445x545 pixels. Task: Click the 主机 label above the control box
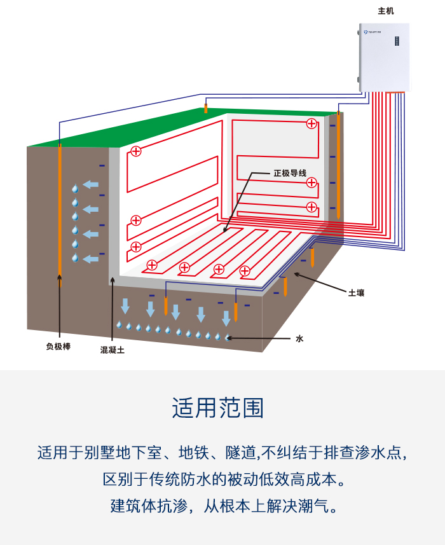point(386,11)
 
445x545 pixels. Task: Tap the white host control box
point(385,57)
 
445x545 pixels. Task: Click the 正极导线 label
point(290,173)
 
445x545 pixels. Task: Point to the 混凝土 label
point(113,350)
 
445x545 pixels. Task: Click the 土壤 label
point(356,293)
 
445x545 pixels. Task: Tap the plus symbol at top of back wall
point(311,123)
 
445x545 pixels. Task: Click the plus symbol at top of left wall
point(135,151)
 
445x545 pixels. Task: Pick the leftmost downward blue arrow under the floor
point(125,305)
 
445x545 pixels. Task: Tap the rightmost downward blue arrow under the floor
point(226,317)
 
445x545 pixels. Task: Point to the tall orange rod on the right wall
point(338,165)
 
